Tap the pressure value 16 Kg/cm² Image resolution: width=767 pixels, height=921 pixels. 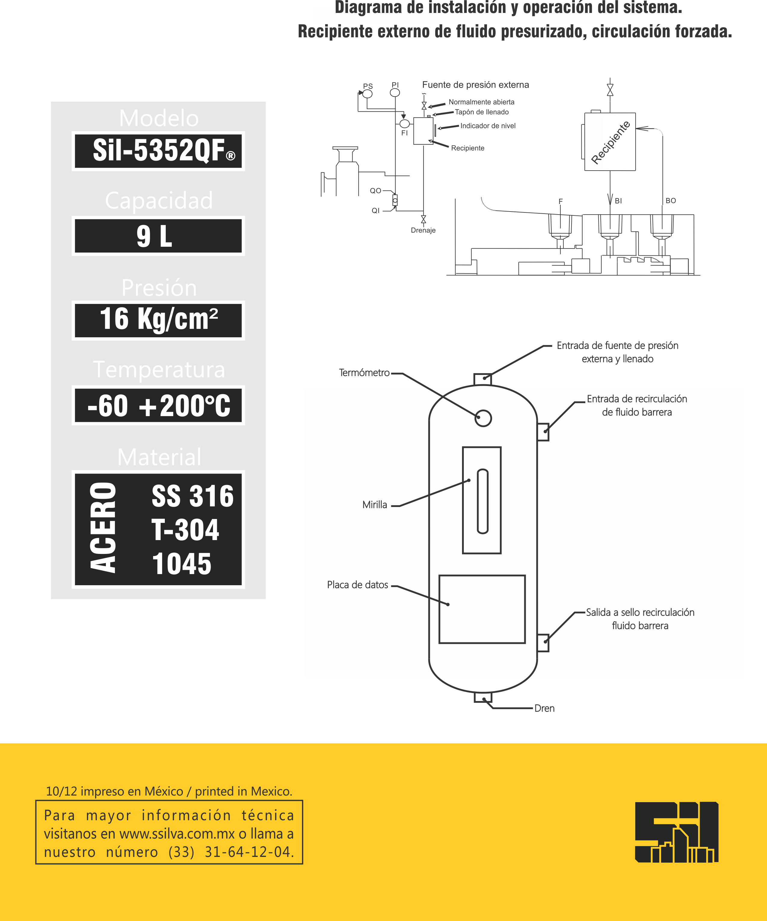click(x=159, y=319)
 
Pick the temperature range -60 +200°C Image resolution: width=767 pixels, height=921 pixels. click(x=159, y=406)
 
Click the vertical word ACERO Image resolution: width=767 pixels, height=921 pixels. click(x=103, y=528)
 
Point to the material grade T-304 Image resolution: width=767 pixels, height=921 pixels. click(x=185, y=530)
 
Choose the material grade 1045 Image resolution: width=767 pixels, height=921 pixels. click(x=182, y=564)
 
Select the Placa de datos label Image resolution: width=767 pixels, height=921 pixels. click(x=357, y=585)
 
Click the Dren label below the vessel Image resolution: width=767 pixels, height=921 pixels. click(x=544, y=708)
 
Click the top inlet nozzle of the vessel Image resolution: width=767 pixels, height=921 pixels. click(x=482, y=379)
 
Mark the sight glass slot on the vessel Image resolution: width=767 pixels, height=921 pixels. click(x=482, y=501)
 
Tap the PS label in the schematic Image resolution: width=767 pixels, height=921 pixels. click(x=368, y=86)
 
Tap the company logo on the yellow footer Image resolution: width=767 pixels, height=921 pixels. click(x=676, y=832)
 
